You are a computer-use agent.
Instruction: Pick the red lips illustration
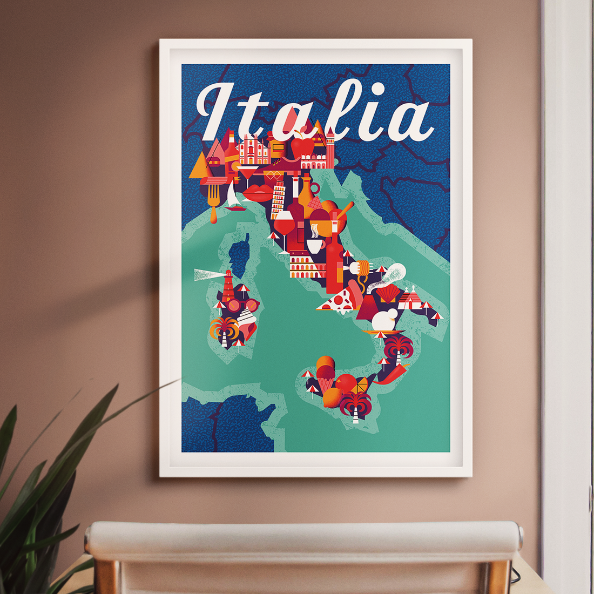tap(258, 193)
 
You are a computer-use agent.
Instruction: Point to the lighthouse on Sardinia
tap(228, 286)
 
